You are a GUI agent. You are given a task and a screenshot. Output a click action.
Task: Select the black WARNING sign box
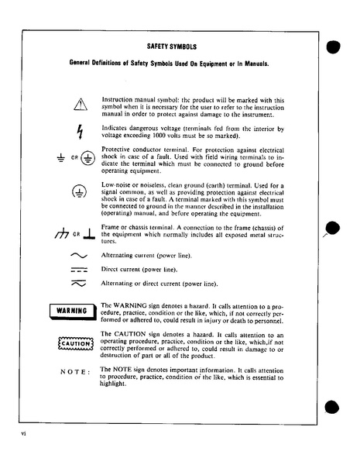(71, 312)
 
